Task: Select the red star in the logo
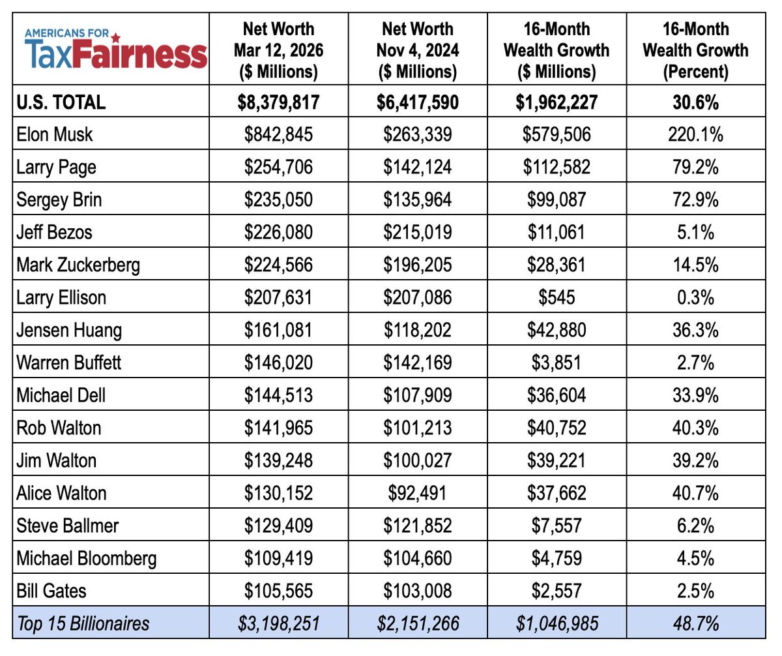(x=116, y=35)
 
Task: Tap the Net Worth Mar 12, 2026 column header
(x=278, y=50)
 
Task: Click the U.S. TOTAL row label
(x=62, y=102)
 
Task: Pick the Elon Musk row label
(x=55, y=134)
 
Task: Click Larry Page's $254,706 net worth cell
(x=278, y=167)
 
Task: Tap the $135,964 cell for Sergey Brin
(x=417, y=200)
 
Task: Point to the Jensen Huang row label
(x=70, y=330)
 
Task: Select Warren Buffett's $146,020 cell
(x=278, y=363)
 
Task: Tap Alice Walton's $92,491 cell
(x=417, y=493)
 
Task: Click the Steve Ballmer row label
(x=68, y=526)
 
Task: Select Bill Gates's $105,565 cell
(x=278, y=591)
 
